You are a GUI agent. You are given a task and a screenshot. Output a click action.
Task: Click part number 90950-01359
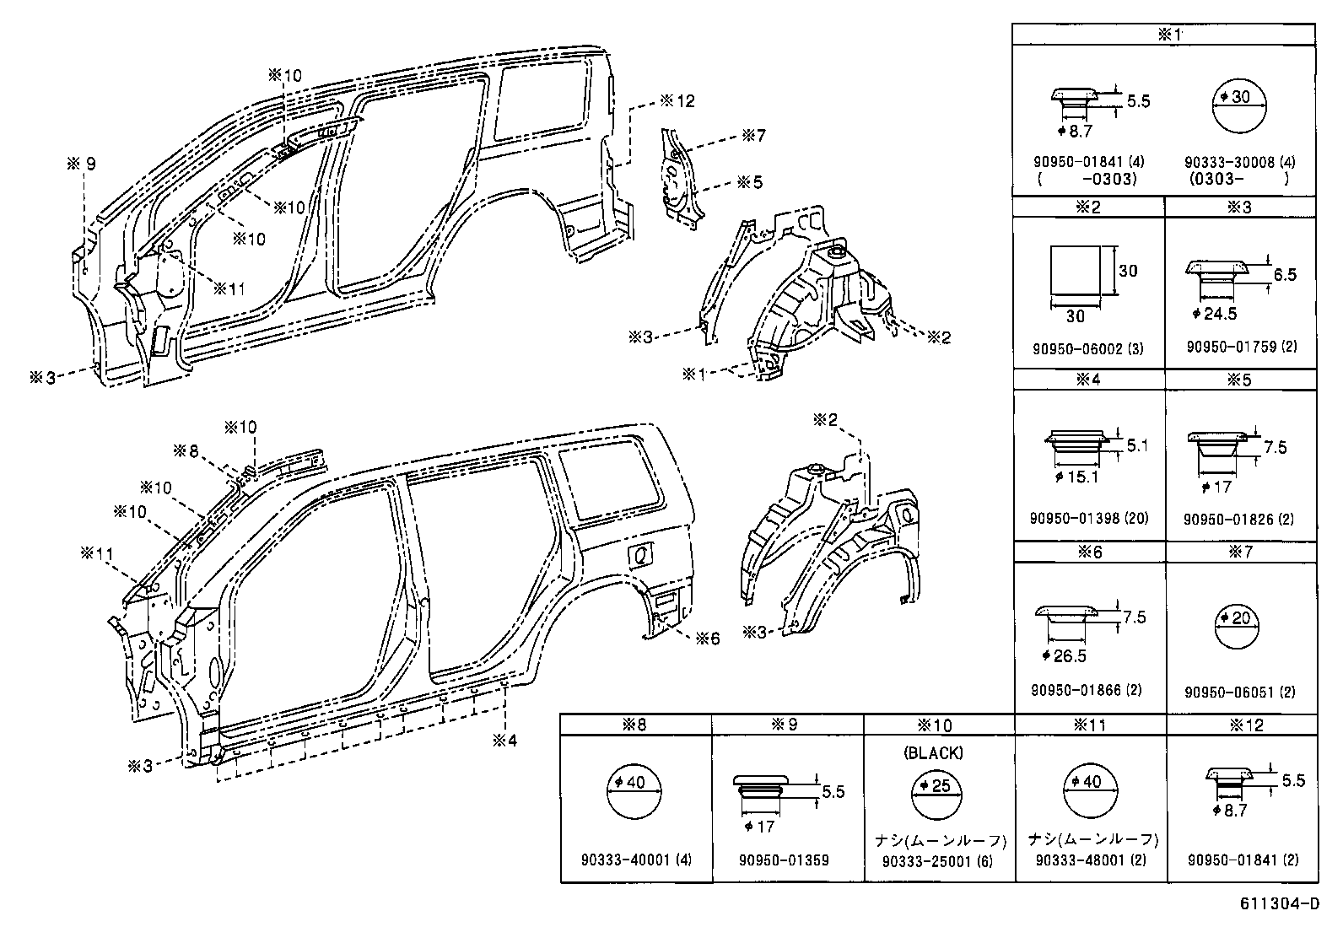[784, 860]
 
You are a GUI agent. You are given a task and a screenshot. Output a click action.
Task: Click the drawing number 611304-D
[1279, 904]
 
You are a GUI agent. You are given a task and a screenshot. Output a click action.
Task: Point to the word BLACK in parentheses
[932, 753]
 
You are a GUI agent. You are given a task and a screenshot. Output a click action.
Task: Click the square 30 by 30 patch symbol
[1076, 271]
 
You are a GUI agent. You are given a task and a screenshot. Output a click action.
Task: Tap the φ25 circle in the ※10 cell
[936, 795]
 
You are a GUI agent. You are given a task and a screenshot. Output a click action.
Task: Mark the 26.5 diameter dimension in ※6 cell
[1065, 655]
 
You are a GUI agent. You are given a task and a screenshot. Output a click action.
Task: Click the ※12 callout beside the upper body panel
[677, 100]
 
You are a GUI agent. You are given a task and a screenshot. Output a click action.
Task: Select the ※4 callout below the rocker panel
[505, 740]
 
